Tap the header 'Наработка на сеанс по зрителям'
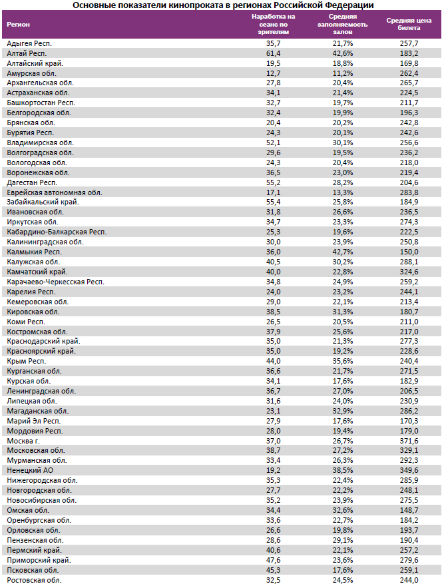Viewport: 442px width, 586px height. click(x=274, y=24)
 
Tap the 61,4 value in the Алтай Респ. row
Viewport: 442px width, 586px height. click(x=274, y=53)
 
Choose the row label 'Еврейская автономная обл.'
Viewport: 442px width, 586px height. click(x=54, y=192)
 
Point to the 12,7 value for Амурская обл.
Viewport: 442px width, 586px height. click(x=274, y=73)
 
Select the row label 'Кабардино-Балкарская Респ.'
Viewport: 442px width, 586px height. click(x=56, y=232)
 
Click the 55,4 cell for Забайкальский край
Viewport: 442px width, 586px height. click(x=274, y=202)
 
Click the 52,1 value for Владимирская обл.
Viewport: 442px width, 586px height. click(x=274, y=143)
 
